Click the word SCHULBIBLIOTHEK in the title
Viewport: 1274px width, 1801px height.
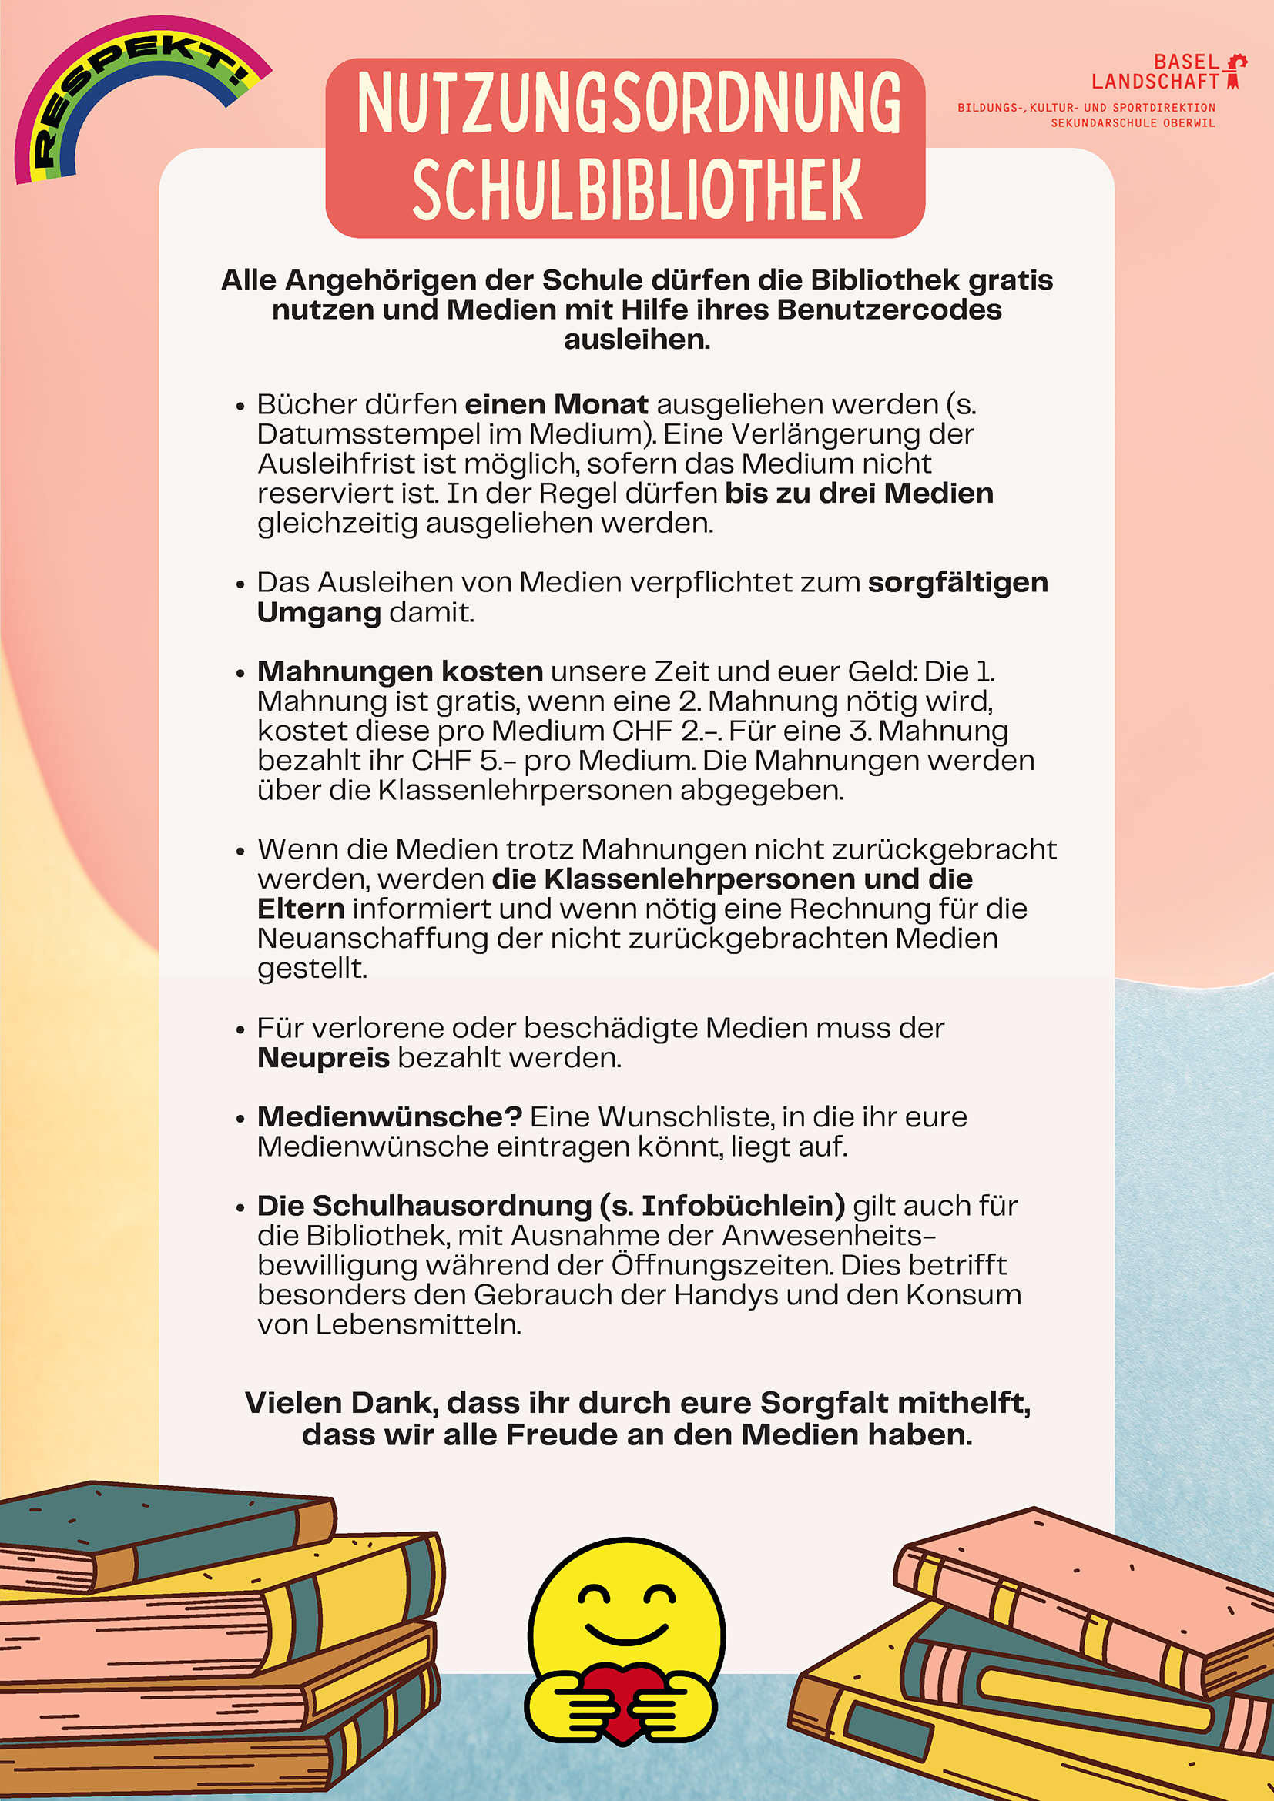pyautogui.click(x=636, y=191)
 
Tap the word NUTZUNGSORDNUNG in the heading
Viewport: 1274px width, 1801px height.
pyautogui.click(x=629, y=102)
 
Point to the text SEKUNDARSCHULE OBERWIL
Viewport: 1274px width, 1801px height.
pyautogui.click(x=1132, y=123)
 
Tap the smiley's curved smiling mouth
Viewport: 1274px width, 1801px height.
pyautogui.click(x=626, y=1635)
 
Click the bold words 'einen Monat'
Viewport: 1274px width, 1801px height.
pyautogui.click(x=556, y=404)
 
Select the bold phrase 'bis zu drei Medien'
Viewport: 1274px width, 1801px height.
pyautogui.click(x=859, y=494)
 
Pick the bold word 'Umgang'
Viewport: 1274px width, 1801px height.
pyautogui.click(x=319, y=613)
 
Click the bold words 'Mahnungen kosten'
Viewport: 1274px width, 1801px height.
pyautogui.click(x=400, y=671)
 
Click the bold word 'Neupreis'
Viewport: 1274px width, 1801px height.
pyautogui.click(x=324, y=1058)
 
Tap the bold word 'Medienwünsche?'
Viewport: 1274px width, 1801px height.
pyautogui.click(x=390, y=1117)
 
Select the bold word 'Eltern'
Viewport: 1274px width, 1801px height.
pyautogui.click(x=301, y=909)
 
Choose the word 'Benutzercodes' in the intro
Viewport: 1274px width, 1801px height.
pyautogui.click(x=889, y=310)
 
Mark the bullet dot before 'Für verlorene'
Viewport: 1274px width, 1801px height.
pyautogui.click(x=240, y=1030)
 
